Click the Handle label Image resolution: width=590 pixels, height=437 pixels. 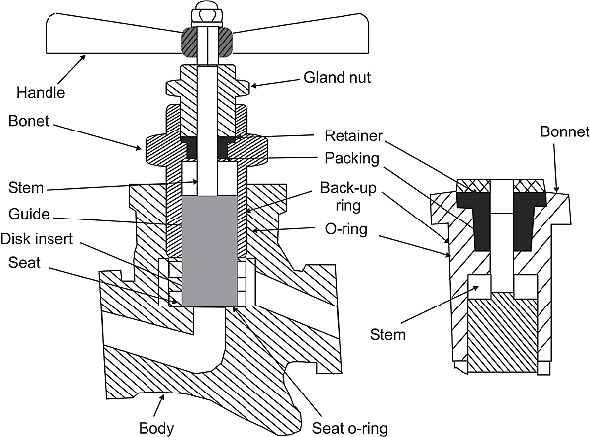41,92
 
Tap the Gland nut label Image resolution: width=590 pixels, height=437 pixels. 338,77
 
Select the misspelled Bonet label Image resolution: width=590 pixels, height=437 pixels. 29,121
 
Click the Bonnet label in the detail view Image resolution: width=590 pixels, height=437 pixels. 565,131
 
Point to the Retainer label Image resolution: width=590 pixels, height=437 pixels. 353,136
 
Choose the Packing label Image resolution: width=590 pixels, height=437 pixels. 352,158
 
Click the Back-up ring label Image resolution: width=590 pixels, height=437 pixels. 348,196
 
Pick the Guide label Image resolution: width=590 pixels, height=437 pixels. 29,214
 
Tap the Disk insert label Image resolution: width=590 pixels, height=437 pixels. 37,239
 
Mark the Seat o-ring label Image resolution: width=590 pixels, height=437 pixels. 349,428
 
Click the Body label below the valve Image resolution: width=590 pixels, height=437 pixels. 156,428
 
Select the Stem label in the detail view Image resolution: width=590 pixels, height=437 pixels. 388,334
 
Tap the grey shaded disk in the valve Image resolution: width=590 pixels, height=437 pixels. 210,250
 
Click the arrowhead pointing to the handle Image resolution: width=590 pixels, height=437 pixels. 82,58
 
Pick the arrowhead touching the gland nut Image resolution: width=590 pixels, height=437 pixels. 254,86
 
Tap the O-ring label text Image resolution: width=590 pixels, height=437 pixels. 346,229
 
